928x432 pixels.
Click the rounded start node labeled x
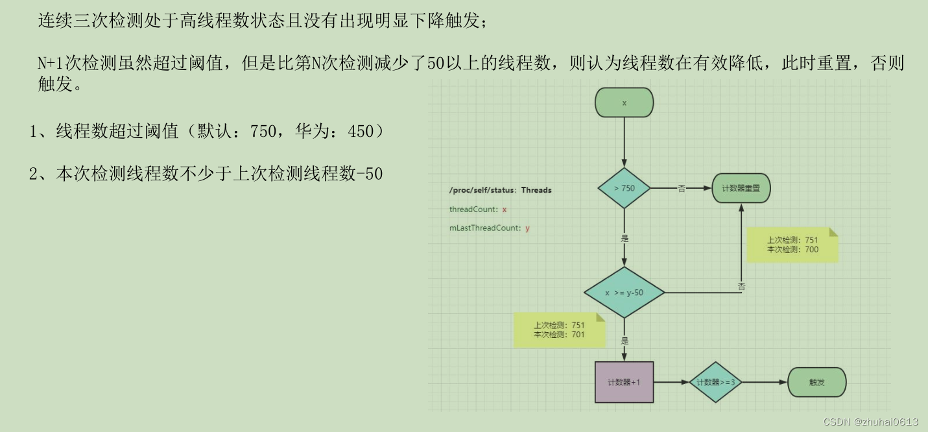[624, 102]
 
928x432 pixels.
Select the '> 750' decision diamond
[624, 188]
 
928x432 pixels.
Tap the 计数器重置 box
[741, 188]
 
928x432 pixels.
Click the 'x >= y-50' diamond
[624, 293]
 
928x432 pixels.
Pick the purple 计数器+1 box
[624, 382]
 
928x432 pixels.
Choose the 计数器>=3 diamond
[715, 382]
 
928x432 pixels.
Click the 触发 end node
[816, 382]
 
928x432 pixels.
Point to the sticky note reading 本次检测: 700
[792, 245]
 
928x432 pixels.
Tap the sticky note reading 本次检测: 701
[559, 330]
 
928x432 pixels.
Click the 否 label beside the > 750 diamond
[682, 188]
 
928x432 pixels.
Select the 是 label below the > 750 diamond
[625, 238]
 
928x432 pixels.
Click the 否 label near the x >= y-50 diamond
[741, 285]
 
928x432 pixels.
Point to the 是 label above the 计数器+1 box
[625, 341]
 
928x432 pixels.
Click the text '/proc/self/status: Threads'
[500, 190]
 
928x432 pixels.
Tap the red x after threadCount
[504, 210]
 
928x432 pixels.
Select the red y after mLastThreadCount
[527, 228]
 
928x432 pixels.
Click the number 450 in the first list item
[361, 132]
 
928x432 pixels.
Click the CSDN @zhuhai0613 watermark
[870, 422]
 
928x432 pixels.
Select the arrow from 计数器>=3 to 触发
[764, 382]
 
